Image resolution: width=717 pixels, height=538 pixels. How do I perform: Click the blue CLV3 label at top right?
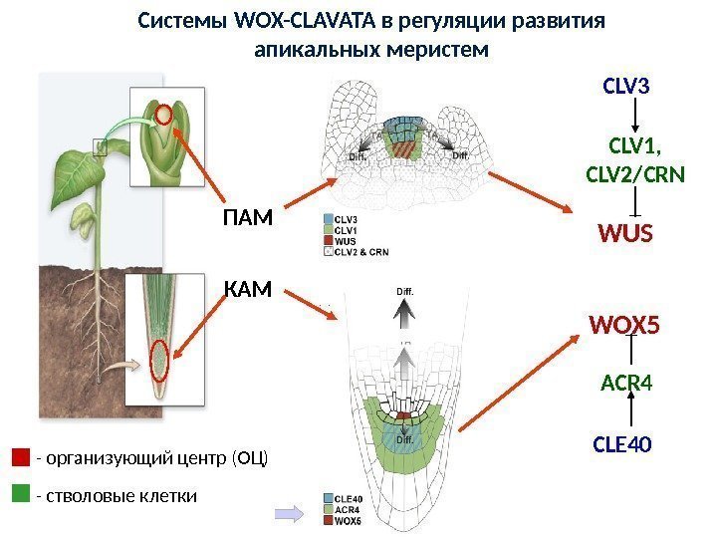(x=626, y=87)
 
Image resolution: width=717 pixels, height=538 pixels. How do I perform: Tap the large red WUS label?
(x=624, y=234)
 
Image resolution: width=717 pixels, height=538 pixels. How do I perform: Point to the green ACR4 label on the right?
(x=625, y=383)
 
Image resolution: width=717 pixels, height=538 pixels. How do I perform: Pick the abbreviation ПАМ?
(x=247, y=217)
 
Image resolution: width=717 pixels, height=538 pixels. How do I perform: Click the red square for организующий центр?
(x=21, y=457)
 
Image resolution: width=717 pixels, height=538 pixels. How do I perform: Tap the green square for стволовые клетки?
(x=21, y=493)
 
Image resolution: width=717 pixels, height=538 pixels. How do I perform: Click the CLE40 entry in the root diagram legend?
(x=346, y=497)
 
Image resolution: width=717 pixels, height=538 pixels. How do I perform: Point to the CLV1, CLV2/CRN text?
(x=633, y=162)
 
